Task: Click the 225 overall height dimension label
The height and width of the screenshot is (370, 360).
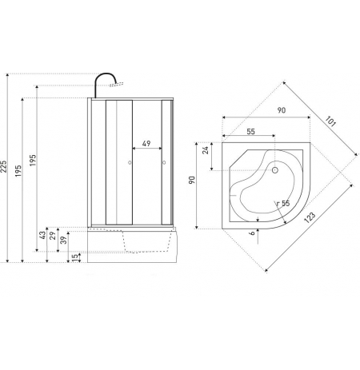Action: (x=3, y=166)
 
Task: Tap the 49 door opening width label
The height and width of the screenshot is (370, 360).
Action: (x=146, y=144)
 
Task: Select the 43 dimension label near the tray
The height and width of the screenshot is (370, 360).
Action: (x=42, y=235)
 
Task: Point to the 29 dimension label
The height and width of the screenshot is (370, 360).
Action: (x=53, y=236)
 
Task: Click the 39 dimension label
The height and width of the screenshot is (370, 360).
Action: (x=64, y=240)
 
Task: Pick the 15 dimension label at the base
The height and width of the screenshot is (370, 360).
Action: (x=76, y=257)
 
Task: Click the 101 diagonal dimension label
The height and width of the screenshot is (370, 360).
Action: (x=330, y=121)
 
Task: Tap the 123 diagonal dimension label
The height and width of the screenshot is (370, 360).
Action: (x=310, y=217)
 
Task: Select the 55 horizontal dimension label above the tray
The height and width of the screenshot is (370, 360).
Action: (x=250, y=132)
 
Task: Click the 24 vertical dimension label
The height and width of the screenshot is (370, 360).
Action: (x=206, y=150)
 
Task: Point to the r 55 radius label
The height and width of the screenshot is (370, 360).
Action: (x=283, y=204)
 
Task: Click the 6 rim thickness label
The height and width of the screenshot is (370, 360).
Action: (x=252, y=233)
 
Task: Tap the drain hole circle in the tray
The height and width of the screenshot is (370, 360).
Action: (x=275, y=169)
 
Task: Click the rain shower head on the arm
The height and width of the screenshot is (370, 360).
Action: (x=116, y=85)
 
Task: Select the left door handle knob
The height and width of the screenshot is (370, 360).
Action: (x=130, y=162)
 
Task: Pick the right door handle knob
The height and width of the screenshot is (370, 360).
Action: (x=164, y=162)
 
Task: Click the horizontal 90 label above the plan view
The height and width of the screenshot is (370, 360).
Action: (x=282, y=110)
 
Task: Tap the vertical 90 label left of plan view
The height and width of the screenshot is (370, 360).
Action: (x=192, y=180)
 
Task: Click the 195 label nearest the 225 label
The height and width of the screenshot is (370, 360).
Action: (x=18, y=171)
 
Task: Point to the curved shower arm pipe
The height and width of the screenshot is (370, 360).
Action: (x=106, y=74)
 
